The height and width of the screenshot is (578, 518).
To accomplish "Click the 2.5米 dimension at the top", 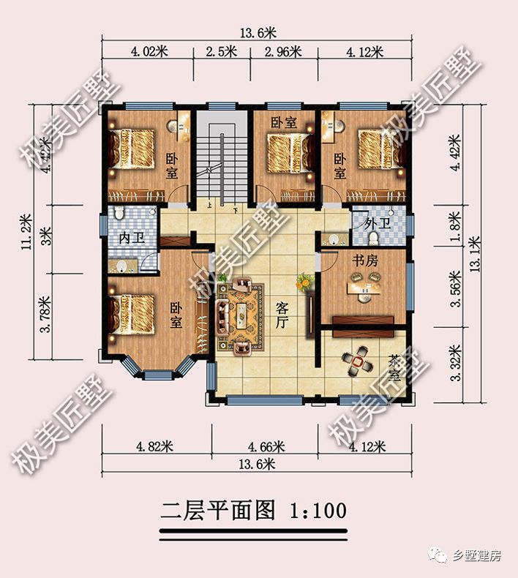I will tap(221, 51).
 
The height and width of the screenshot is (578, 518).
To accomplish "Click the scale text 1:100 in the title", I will tap(318, 510).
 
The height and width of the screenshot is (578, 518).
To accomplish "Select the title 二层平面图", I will tap(219, 510).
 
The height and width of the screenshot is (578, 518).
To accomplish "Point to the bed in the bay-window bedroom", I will tap(133, 315).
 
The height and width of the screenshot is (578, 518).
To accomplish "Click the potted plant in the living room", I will tap(301, 281).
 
